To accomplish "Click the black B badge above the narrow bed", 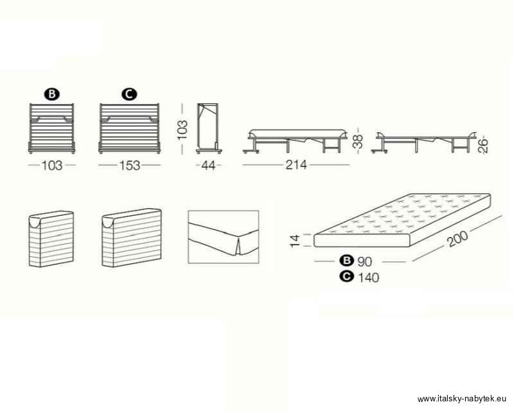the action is pyautogui.click(x=52, y=94).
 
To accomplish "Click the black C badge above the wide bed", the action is pyautogui.click(x=130, y=94).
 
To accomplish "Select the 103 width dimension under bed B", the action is pyautogui.click(x=52, y=166).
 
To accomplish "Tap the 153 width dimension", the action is pyautogui.click(x=130, y=166).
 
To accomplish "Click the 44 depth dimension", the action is pyautogui.click(x=208, y=166).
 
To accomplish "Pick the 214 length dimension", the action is pyautogui.click(x=296, y=165).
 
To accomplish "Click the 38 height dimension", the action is pyautogui.click(x=359, y=141).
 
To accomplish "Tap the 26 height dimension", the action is pyautogui.click(x=483, y=146).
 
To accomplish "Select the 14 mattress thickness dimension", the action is pyautogui.click(x=295, y=241).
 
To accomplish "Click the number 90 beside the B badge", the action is pyautogui.click(x=365, y=262).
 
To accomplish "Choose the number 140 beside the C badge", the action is pyautogui.click(x=368, y=277).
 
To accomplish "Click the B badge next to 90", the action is pyautogui.click(x=347, y=261).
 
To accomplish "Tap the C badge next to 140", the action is pyautogui.click(x=347, y=277).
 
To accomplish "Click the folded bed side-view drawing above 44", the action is pyautogui.click(x=209, y=128).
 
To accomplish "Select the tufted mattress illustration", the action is pyautogui.click(x=402, y=220).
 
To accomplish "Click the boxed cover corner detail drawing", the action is pyautogui.click(x=223, y=237).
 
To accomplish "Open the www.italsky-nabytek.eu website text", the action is pyautogui.click(x=461, y=399).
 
